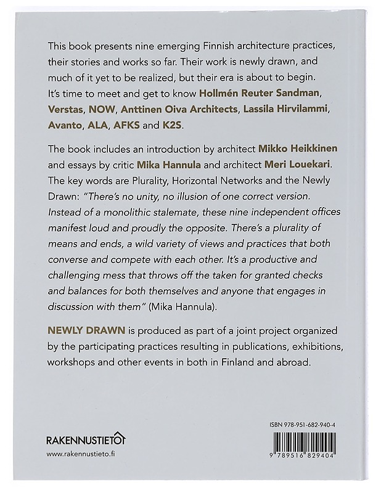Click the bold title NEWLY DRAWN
(x=82, y=330)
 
